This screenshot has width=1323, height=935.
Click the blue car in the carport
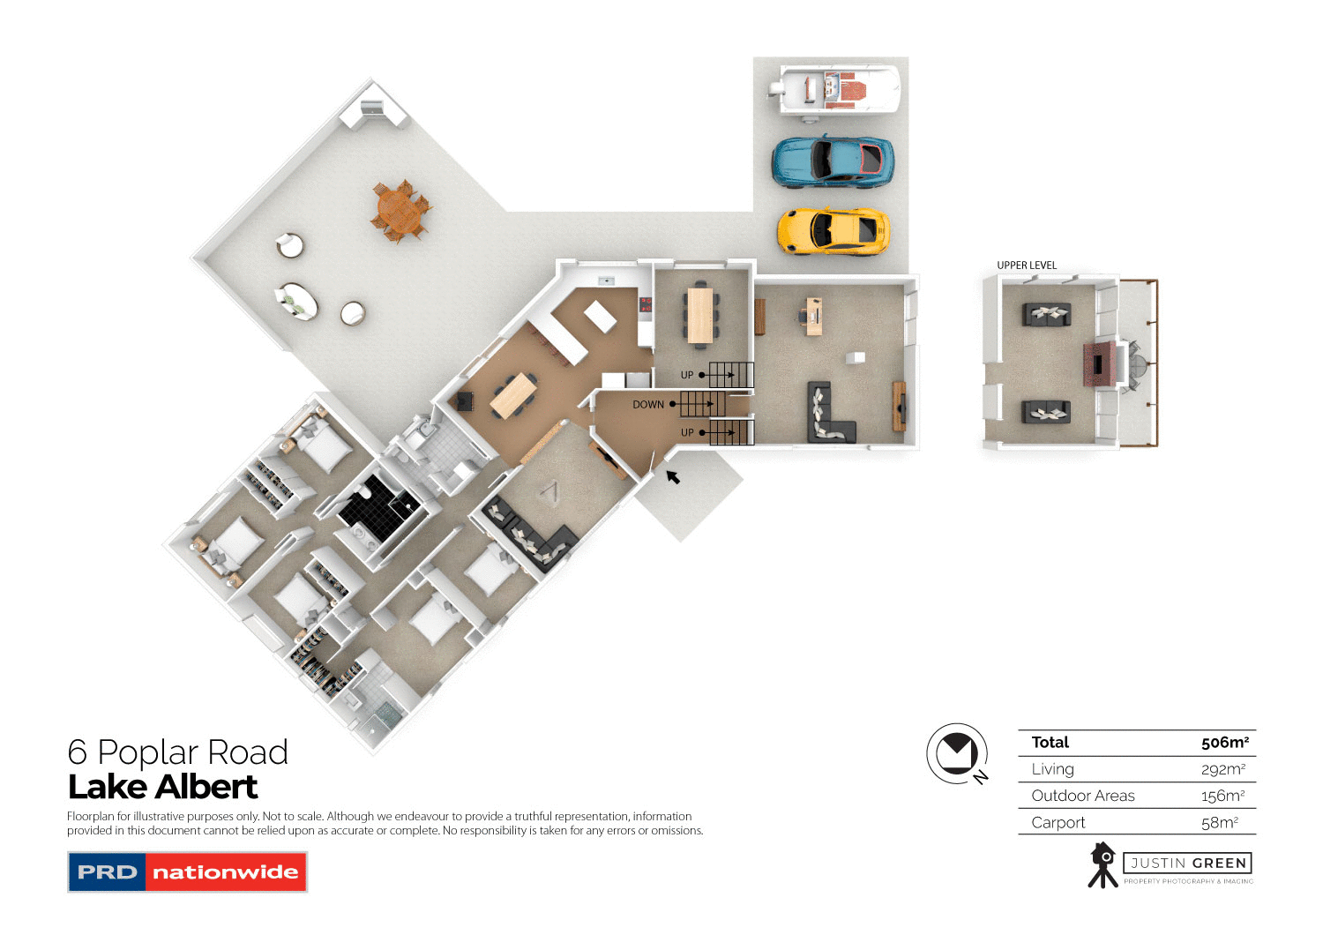pos(833,161)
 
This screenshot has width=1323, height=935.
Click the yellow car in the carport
pos(833,231)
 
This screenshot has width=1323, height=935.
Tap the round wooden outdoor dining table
pos(400,211)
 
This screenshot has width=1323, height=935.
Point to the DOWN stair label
pos(648,405)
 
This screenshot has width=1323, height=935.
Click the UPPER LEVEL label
pos(1027,266)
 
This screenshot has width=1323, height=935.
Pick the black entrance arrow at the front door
pos(673,477)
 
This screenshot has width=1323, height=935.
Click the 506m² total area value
pos(1224,743)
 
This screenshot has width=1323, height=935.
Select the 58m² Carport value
pos(1219,823)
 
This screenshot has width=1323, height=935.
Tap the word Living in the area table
pos(1052,769)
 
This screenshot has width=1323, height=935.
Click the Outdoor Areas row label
pos(1083,796)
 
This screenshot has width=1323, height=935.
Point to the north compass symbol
pos(957,754)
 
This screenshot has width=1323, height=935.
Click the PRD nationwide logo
pos(187,872)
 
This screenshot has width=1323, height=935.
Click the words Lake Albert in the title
pos(163,787)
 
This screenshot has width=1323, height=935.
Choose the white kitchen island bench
pos(601,316)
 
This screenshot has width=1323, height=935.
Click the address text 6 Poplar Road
pos(178,752)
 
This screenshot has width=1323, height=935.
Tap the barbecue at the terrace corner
pos(374,108)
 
